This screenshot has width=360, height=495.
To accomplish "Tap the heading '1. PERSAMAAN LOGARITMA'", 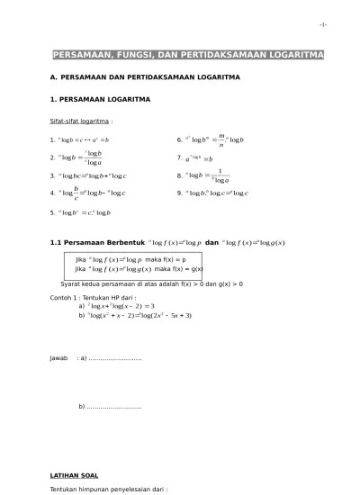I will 100,98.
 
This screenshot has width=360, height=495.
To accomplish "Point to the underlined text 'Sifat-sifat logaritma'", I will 81,119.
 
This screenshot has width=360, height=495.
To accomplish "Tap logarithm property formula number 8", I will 206,175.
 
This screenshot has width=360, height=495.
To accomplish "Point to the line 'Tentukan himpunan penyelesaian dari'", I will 108,490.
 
